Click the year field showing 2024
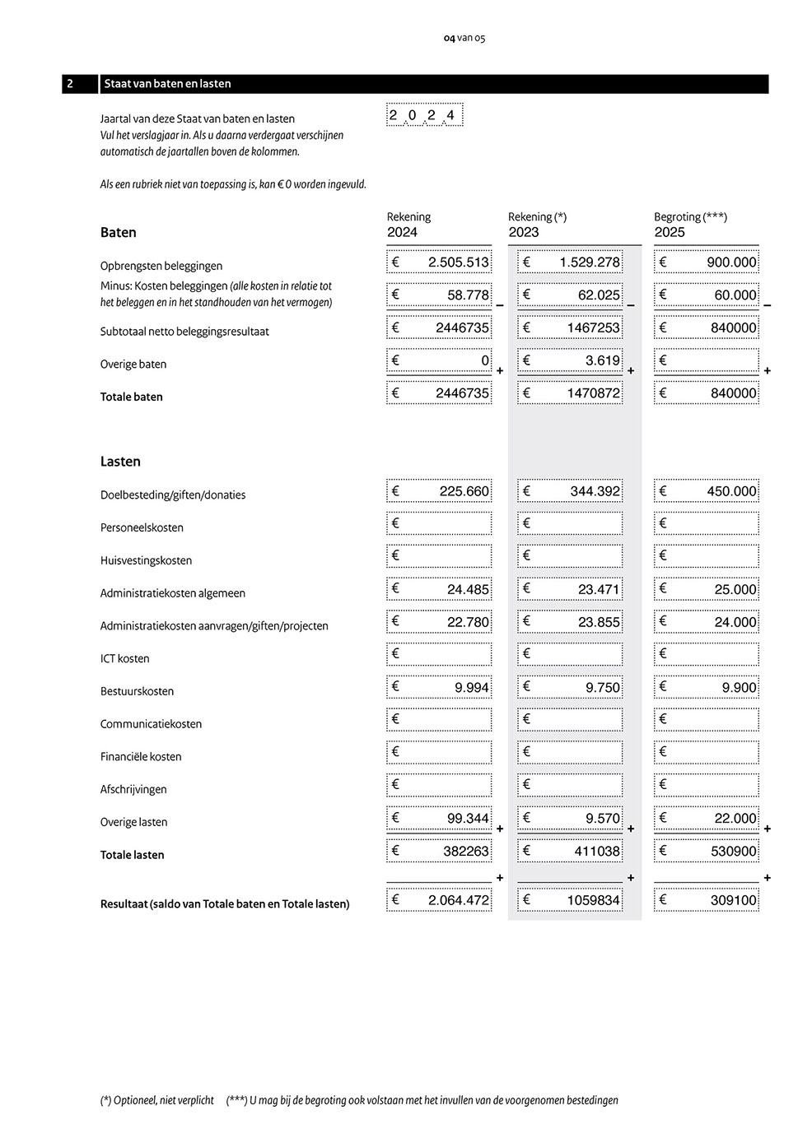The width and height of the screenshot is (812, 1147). point(424,115)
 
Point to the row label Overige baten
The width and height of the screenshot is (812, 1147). point(133,365)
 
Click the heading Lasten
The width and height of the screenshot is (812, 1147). point(120,462)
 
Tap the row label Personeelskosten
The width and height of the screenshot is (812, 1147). point(142,527)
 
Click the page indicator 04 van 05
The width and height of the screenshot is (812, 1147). point(464,38)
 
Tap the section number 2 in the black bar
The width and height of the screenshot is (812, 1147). point(71,84)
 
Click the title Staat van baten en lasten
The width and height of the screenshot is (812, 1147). point(167,84)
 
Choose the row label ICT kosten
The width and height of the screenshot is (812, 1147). point(125,658)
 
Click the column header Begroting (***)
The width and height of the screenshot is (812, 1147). point(690,217)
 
